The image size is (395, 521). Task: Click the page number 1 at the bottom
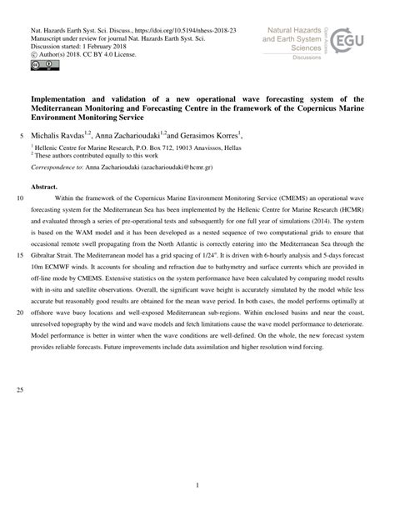(x=197, y=484)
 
